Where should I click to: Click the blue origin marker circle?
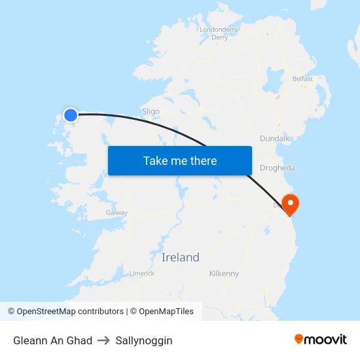point(70,115)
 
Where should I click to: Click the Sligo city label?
point(151,111)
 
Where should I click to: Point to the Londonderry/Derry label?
point(219,33)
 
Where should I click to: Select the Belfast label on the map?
point(303,79)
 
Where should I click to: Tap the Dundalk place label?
point(274,139)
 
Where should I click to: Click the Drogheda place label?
point(278,168)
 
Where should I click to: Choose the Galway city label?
point(117,213)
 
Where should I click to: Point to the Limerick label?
point(142,274)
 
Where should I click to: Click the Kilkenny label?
point(224,274)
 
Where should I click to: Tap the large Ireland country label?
point(180,257)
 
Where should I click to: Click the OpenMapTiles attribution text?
point(166,312)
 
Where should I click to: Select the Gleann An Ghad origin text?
point(52,340)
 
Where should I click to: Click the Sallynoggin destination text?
point(144,340)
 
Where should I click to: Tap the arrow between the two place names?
point(103,340)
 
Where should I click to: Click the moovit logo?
point(321,339)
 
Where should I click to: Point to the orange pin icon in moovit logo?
point(299,339)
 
